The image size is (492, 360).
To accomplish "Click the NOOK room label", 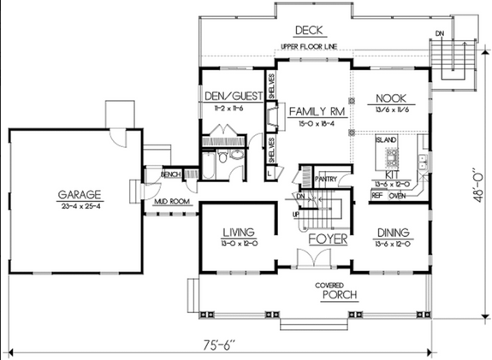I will click(x=394, y=97).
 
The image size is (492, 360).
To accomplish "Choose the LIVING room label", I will click(x=239, y=232).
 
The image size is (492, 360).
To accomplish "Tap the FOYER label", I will click(x=327, y=239).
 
